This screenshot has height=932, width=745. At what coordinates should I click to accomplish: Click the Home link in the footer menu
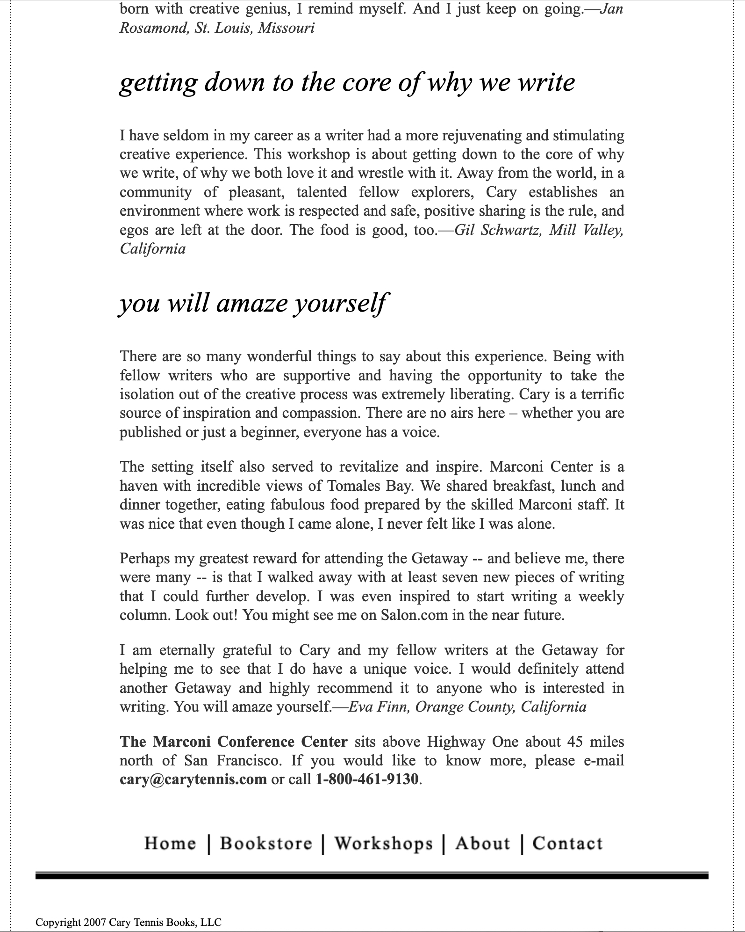tap(170, 843)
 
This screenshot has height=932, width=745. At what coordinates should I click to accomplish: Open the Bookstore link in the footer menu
tap(266, 843)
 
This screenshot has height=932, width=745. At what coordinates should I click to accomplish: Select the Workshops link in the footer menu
tap(384, 843)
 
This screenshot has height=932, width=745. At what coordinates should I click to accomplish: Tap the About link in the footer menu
tap(482, 843)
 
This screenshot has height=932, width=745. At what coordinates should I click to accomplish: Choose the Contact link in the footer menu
tap(567, 843)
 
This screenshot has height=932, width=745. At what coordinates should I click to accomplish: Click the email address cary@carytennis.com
tap(193, 779)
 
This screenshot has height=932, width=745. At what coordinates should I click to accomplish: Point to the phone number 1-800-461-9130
tap(367, 779)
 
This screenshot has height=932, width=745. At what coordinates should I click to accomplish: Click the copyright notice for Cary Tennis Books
tap(129, 922)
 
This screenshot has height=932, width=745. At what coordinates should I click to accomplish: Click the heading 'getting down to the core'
tap(347, 82)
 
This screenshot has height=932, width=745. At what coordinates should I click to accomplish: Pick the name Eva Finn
tap(379, 706)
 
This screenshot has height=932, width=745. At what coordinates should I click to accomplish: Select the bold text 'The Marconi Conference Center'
tap(234, 742)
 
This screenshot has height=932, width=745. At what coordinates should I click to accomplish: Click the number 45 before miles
tap(575, 742)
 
